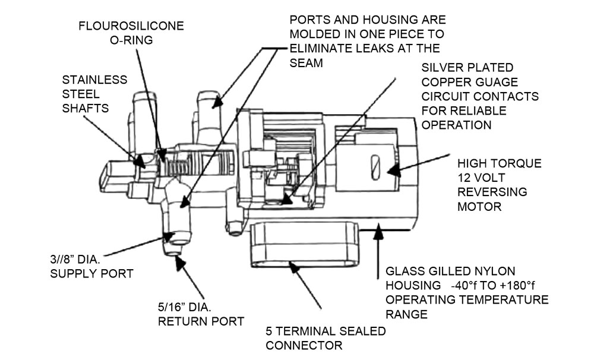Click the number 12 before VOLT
click(465, 178)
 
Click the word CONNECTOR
click(304, 345)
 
